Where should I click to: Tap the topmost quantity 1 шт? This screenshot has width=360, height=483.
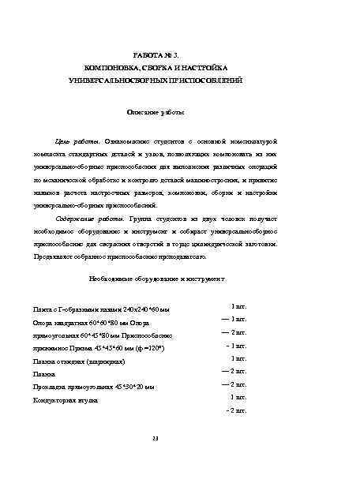coord(238,305)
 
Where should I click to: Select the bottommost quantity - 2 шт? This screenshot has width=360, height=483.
coord(236,410)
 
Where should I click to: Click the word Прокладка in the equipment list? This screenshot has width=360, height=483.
coord(49,387)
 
